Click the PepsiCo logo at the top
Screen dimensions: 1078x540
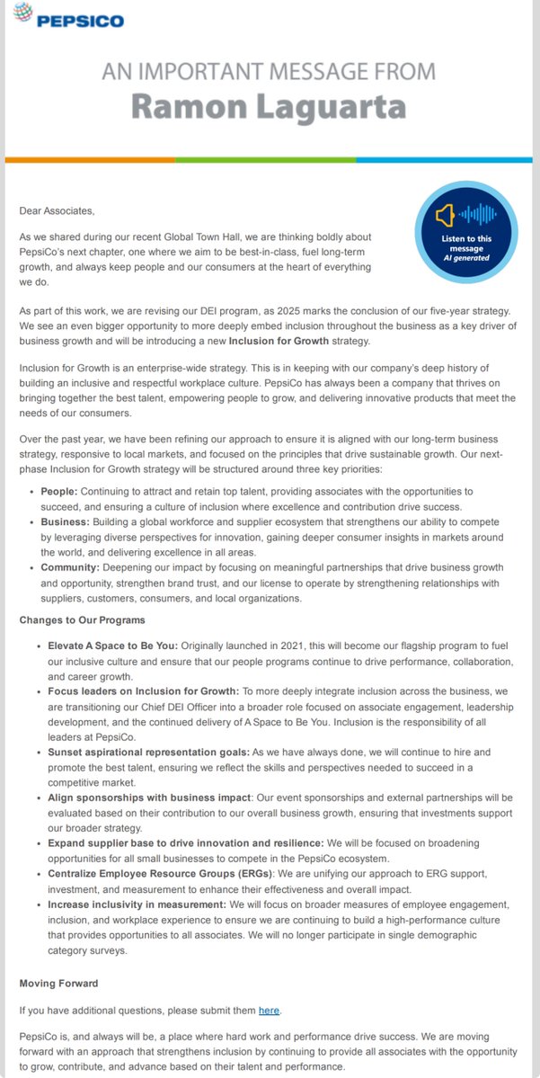(67, 18)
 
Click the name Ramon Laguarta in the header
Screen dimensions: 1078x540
(268, 106)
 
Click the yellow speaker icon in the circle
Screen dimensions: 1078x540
(444, 215)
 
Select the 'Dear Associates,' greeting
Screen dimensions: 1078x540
(57, 210)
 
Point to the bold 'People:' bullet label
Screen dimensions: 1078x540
(61, 494)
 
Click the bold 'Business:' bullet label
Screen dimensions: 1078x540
(66, 521)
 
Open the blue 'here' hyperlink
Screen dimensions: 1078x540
(268, 1011)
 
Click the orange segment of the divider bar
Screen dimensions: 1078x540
(90, 160)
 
